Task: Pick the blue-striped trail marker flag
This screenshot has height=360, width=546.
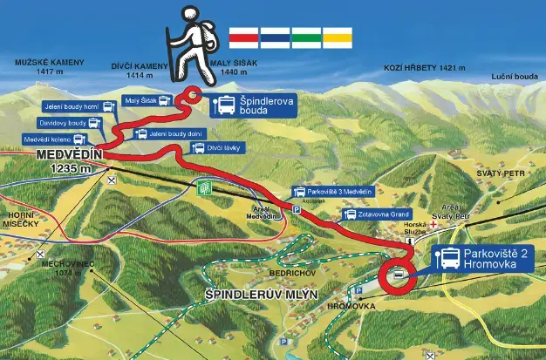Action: tap(275, 37)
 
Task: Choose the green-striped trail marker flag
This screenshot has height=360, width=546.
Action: tap(306, 37)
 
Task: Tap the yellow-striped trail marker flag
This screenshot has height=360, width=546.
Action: tap(338, 37)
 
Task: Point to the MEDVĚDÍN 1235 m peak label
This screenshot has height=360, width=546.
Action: tap(70, 160)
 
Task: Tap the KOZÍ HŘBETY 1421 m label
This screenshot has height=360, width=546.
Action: tap(425, 67)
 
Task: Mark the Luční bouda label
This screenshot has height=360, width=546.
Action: tap(515, 77)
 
